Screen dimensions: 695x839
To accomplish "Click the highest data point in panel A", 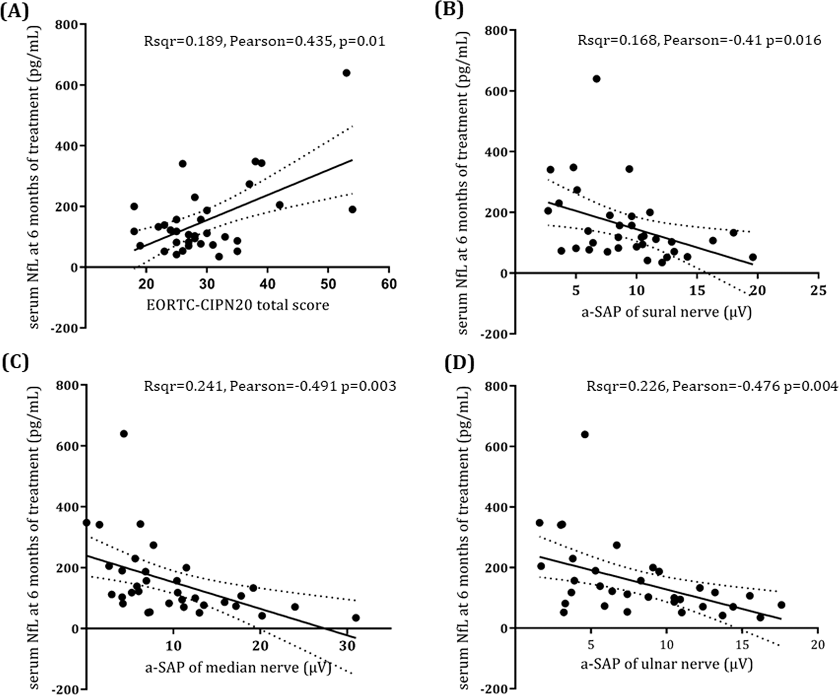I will tap(346, 73).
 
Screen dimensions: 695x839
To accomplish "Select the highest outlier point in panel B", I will tap(596, 79).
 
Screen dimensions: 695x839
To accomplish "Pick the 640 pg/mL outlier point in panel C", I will tap(123, 434).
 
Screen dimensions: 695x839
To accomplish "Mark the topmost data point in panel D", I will tap(585, 435).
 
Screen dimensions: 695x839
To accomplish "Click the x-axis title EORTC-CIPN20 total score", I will tap(238, 305).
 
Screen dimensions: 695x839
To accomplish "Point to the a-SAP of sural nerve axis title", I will tap(666, 311).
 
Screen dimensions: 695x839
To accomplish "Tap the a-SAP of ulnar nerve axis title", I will tap(666, 665).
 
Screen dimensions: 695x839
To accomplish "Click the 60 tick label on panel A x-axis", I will tap(389, 284).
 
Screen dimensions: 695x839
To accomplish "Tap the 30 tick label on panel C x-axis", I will tap(347, 645).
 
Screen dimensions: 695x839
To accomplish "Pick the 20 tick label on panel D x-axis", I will tap(818, 645).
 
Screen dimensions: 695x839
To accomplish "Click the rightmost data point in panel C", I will tap(356, 618).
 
